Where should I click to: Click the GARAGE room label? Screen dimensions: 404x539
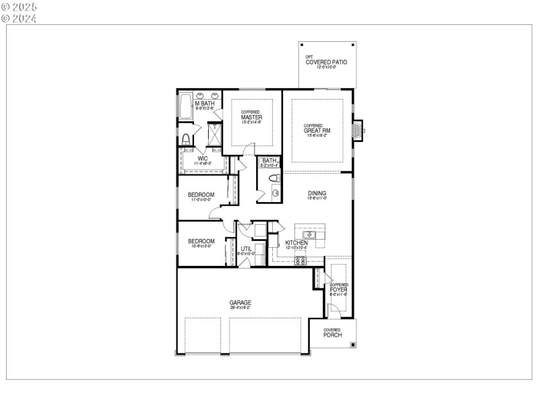[240, 303]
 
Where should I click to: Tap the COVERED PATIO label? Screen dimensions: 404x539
[326, 62]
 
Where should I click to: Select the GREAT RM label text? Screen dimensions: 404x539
[317, 131]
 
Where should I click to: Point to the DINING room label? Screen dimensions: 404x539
[317, 193]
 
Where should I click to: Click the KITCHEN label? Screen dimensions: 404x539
[296, 242]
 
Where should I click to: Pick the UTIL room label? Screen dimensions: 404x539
[247, 248]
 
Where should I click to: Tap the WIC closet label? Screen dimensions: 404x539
[202, 159]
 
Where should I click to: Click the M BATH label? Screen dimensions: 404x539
[204, 103]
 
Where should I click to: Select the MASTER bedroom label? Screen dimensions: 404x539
[251, 117]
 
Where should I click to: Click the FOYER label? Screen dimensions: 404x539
[338, 290]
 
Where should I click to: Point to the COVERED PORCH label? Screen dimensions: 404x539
[332, 333]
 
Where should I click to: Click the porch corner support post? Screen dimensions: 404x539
[352, 345]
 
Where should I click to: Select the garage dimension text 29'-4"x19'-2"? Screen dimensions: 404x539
[240, 308]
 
